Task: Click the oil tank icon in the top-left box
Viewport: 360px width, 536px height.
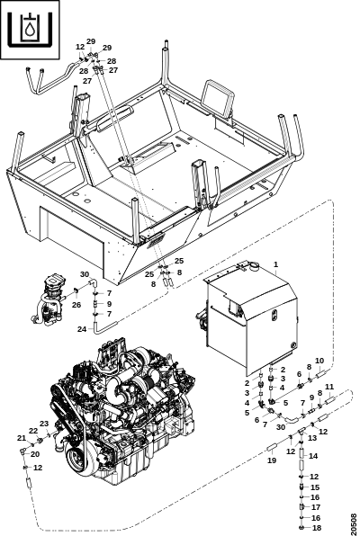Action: [x=30, y=29]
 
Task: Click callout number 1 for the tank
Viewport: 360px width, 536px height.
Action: [x=275, y=264]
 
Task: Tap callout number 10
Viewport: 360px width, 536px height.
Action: [x=319, y=361]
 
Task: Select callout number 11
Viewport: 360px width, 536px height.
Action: [x=329, y=387]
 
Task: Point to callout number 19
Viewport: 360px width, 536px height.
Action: [x=272, y=460]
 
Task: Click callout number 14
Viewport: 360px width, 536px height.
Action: [x=313, y=456]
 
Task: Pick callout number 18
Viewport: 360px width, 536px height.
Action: [x=317, y=527]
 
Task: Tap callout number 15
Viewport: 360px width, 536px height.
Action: [x=315, y=487]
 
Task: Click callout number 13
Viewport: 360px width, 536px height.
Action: [x=312, y=438]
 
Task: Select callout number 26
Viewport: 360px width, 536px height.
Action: [x=76, y=305]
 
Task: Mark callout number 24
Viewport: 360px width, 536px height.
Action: [x=82, y=329]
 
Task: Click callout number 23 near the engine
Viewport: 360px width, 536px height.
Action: [x=44, y=424]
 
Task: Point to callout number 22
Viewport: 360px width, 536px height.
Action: [x=33, y=431]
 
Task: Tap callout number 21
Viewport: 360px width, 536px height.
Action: [x=22, y=438]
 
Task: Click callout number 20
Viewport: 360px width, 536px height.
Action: [x=35, y=454]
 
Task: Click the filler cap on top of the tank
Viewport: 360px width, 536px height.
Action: [x=254, y=265]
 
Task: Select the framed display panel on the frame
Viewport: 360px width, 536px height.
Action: [x=218, y=97]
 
